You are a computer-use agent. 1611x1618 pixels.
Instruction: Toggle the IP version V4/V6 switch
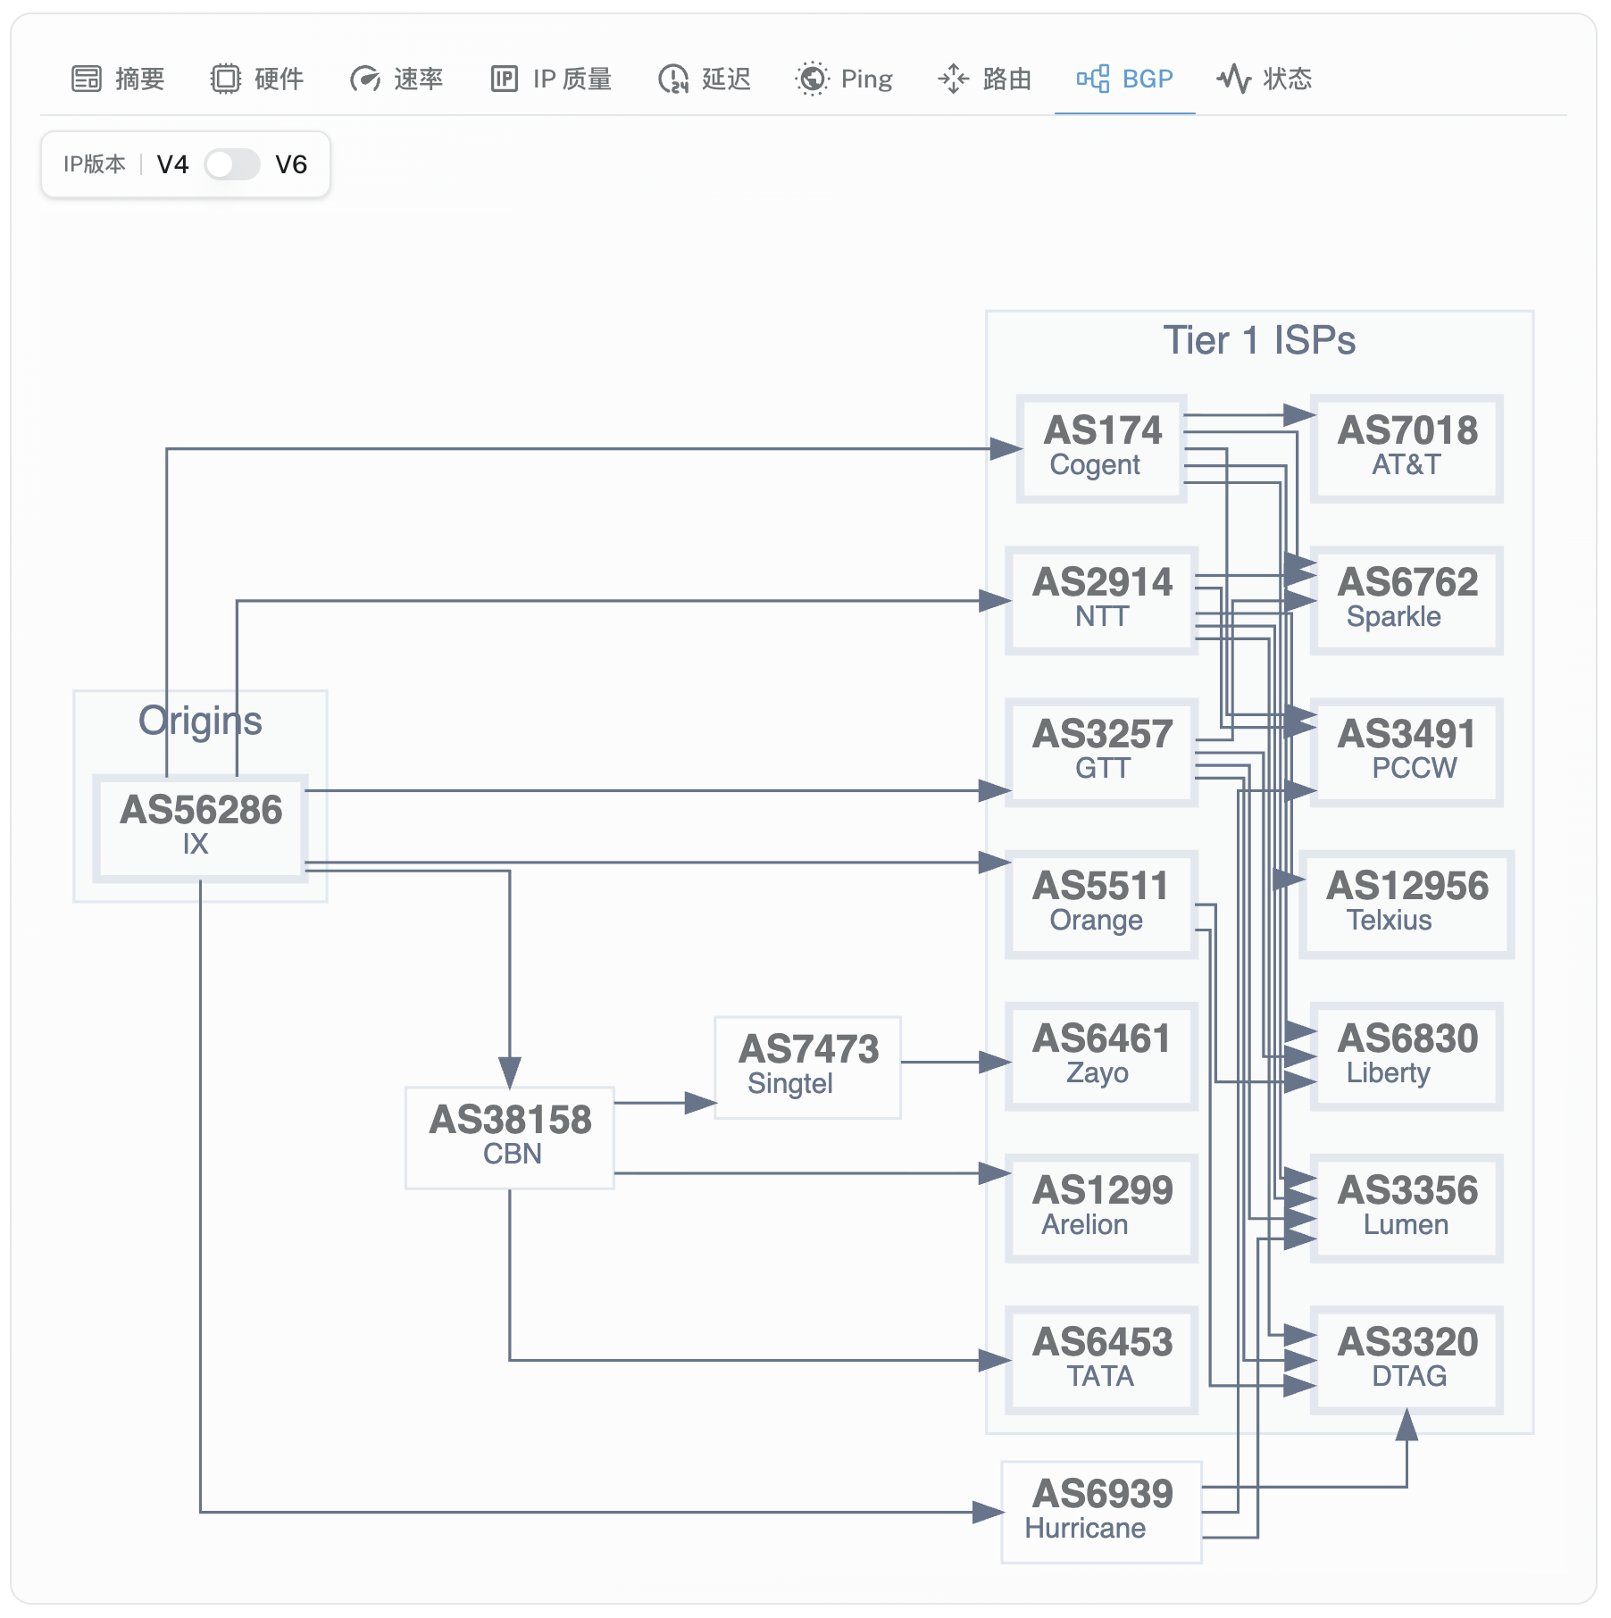[x=231, y=164]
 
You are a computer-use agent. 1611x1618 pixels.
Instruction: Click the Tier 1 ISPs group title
[x=1259, y=341]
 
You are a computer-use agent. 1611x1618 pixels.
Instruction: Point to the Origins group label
[x=200, y=721]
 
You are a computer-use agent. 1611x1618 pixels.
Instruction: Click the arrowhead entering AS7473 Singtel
[x=701, y=1103]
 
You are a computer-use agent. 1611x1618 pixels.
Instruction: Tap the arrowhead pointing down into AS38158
[x=510, y=1071]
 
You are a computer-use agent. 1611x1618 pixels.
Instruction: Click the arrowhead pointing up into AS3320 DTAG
[x=1406, y=1425]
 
